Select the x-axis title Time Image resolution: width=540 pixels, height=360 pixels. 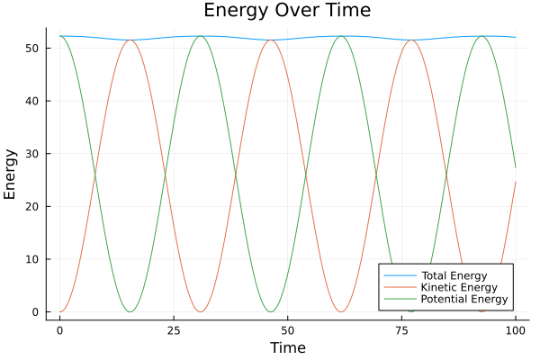tap(287, 347)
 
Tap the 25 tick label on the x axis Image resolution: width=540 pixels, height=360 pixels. tap(174, 330)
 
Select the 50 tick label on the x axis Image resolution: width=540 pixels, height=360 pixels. tap(287, 330)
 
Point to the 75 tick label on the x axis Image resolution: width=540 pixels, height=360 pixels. tap(401, 330)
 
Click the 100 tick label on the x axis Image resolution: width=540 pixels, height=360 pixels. tap(516, 330)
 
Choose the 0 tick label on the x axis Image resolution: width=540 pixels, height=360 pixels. tap(59, 330)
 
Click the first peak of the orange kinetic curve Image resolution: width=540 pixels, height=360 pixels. tap(130, 40)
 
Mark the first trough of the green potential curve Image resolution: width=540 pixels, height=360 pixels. tap(130, 312)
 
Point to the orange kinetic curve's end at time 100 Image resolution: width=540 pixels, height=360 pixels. tap(516, 182)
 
